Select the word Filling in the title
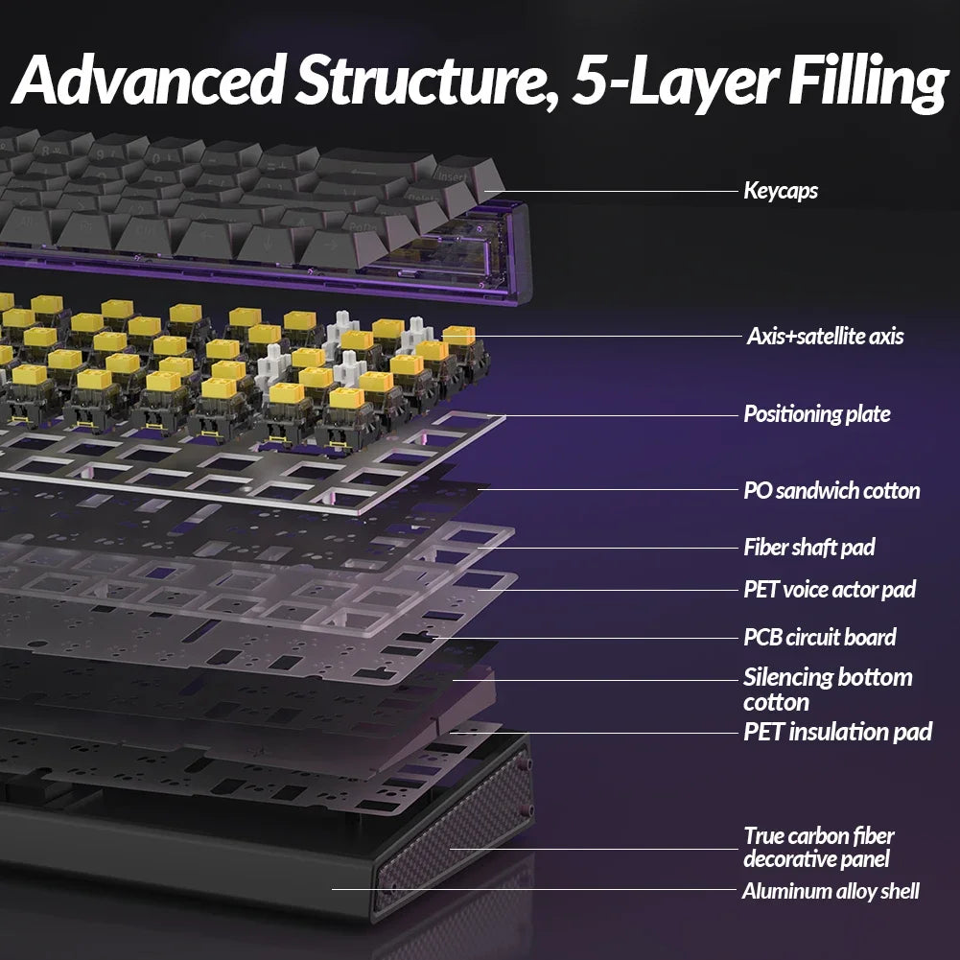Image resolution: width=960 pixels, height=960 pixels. pyautogui.click(x=866, y=82)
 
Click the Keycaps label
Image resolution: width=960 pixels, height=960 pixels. pyautogui.click(x=781, y=191)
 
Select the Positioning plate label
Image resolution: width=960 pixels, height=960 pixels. pyautogui.click(x=817, y=414)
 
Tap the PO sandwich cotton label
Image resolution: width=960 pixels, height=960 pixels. pyautogui.click(x=831, y=491)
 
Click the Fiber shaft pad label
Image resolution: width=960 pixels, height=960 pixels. pyautogui.click(x=809, y=548)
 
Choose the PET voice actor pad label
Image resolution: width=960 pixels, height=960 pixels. pyautogui.click(x=830, y=589)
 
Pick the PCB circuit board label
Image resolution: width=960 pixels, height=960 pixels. pyautogui.click(x=820, y=637)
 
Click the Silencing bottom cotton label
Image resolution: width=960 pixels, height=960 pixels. pyautogui.click(x=828, y=689)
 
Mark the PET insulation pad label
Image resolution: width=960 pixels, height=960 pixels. pyautogui.click(x=837, y=732)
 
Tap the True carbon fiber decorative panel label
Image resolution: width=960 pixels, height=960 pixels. pyautogui.click(x=819, y=847)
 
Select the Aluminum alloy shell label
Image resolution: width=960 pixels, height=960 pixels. pyautogui.click(x=831, y=891)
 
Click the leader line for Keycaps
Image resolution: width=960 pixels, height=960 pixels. pyautogui.click(x=614, y=191)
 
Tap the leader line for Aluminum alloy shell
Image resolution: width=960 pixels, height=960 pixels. pyautogui.click(x=537, y=890)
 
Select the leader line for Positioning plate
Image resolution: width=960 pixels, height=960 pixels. pyautogui.click(x=614, y=415)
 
